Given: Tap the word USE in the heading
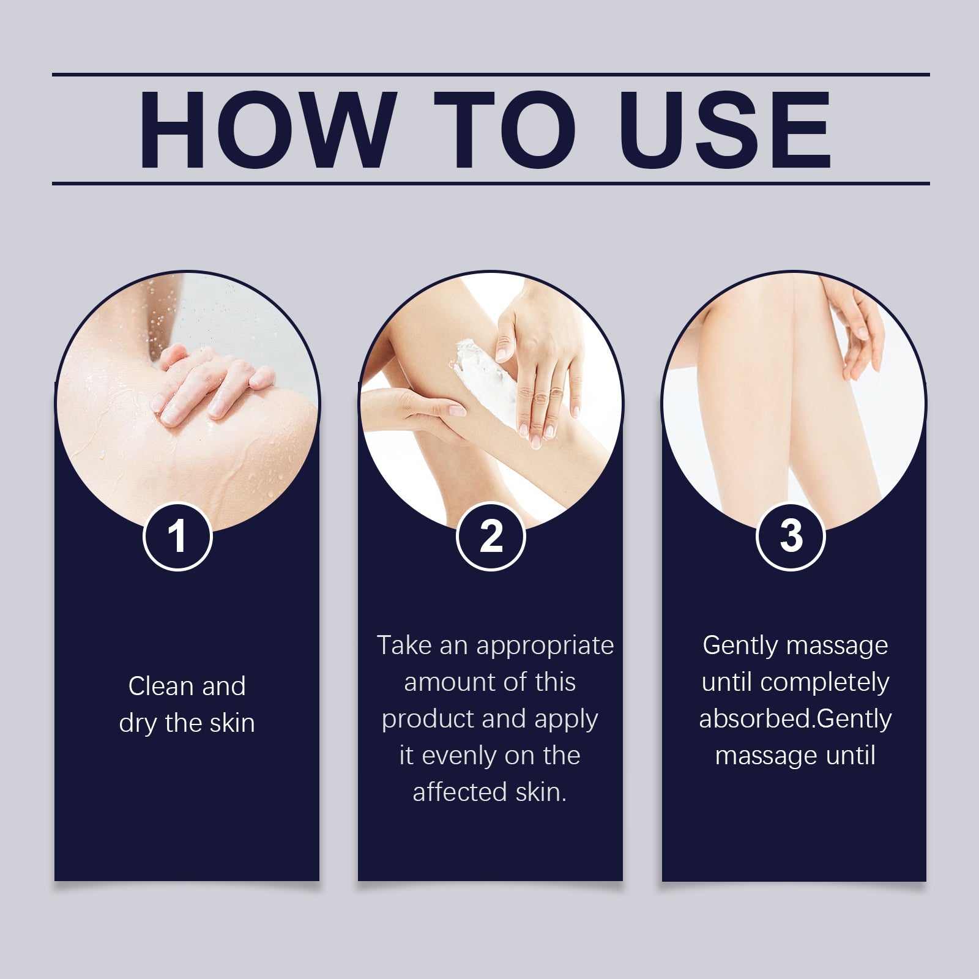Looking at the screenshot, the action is click(724, 129).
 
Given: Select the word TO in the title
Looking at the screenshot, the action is click(505, 129).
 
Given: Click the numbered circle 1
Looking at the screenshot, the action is click(177, 537).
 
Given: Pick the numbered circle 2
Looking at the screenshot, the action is click(491, 537).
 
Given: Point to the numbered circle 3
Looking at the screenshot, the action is click(791, 537).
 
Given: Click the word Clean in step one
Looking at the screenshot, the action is click(161, 686).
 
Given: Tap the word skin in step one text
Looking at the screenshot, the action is click(232, 723).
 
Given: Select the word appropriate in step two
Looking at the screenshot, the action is click(545, 646).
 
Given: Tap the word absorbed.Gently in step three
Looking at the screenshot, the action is click(795, 720).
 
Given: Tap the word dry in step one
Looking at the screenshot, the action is click(138, 724).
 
